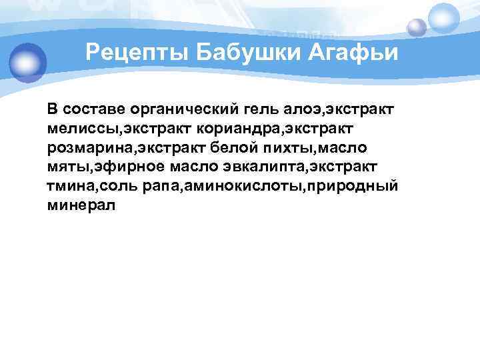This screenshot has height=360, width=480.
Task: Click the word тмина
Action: tap(69, 185)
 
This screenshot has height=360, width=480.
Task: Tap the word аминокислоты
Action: tap(229, 185)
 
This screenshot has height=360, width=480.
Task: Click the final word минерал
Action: tap(81, 204)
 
